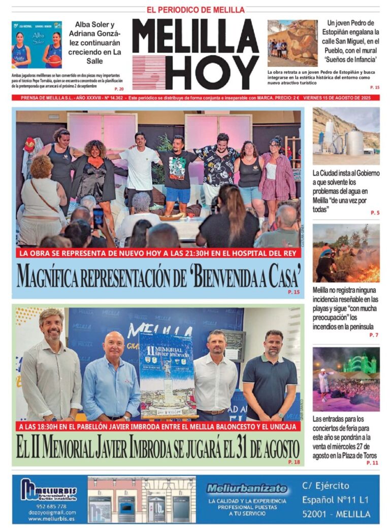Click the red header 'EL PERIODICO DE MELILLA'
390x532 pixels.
click(196, 10)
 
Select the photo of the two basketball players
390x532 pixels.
click(37, 45)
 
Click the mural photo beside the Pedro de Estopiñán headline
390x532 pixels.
click(292, 44)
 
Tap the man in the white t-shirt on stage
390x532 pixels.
click(140, 167)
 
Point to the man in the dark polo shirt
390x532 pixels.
click(270, 378)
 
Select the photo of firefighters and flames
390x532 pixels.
click(346, 253)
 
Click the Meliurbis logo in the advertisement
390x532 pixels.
click(49, 490)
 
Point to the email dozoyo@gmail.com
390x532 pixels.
click(48, 512)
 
